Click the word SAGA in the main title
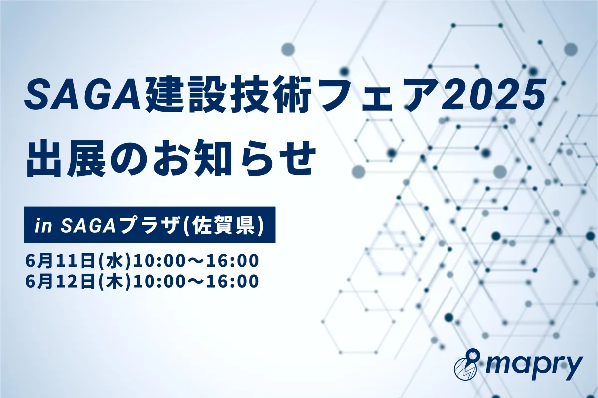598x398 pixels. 83,97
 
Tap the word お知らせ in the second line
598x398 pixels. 234,159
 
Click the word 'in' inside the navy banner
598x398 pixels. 43,226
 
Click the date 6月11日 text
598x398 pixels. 61,261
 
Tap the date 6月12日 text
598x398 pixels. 61,281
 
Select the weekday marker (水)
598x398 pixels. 114,261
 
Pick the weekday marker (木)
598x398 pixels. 114,281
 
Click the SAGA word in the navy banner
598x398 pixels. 88,226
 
